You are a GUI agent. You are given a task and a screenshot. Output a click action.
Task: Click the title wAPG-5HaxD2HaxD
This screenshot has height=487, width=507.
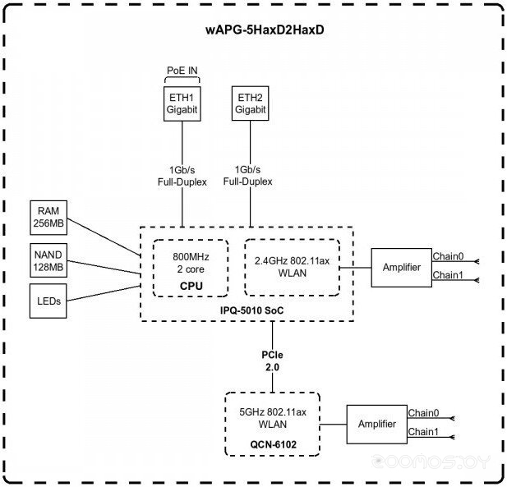tap(265, 30)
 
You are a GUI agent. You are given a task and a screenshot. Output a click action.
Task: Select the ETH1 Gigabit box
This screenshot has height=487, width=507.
tap(182, 103)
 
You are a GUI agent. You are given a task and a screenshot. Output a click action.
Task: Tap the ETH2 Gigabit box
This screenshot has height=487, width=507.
tap(251, 103)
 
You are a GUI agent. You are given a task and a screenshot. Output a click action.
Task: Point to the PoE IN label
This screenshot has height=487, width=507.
tap(182, 71)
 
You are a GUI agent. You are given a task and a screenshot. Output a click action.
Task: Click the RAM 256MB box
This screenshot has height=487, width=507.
tap(48, 218)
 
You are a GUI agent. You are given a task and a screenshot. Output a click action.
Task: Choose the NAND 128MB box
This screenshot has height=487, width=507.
tap(48, 260)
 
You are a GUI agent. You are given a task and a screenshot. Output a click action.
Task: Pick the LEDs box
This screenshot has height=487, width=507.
tap(48, 301)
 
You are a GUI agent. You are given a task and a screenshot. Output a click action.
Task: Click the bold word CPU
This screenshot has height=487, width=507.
tap(191, 286)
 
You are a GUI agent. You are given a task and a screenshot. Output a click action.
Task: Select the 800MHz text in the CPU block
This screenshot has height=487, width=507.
tap(191, 257)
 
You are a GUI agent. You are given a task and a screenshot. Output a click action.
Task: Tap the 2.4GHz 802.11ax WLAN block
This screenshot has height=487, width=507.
tap(292, 268)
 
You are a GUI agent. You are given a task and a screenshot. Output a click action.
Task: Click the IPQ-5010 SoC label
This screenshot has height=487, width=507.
tap(252, 310)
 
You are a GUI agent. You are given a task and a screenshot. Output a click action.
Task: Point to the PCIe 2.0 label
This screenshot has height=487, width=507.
tap(272, 361)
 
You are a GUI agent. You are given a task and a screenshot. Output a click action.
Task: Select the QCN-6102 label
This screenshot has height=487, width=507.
tap(274, 444)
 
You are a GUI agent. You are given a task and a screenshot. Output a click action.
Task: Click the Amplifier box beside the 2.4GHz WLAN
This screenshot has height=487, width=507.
tap(402, 268)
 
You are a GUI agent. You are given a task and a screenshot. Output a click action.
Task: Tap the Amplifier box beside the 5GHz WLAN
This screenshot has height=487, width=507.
tap(377, 425)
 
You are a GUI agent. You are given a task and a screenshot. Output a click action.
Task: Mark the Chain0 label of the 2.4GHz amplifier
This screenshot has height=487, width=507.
tap(448, 256)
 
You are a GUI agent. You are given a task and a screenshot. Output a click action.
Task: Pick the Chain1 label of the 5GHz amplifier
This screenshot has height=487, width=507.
tap(423, 432)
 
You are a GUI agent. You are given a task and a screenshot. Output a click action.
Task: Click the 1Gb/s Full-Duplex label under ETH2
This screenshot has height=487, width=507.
tap(247, 176)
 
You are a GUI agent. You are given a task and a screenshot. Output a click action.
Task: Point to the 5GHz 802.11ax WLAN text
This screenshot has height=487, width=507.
tap(273, 418)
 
